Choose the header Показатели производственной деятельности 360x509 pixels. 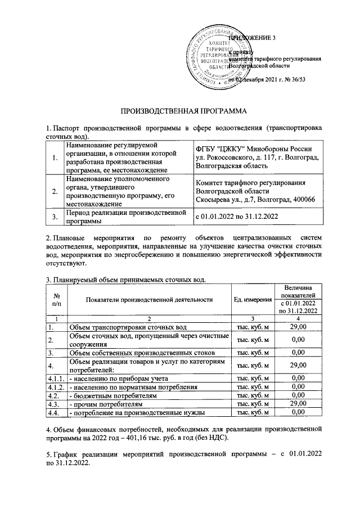149,299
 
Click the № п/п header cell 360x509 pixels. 56,299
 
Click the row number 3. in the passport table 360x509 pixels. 55,216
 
